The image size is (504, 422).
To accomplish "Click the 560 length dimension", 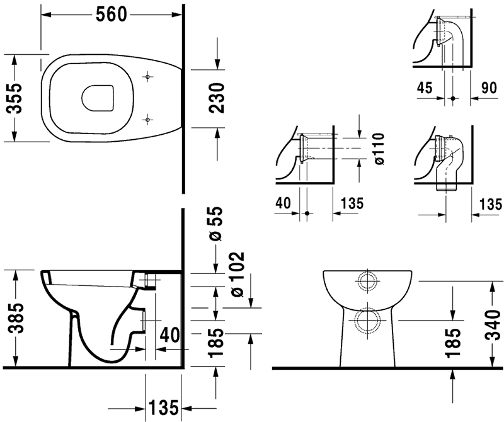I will pyautogui.click(x=114, y=14).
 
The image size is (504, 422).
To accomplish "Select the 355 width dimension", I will pyautogui.click(x=13, y=97).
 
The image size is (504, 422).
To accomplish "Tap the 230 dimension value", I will pyautogui.click(x=217, y=97).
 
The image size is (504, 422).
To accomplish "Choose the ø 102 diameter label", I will pyautogui.click(x=236, y=276).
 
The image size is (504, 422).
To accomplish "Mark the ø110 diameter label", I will pyautogui.click(x=379, y=149).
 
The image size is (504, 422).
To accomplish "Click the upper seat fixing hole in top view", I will pyautogui.click(x=147, y=77).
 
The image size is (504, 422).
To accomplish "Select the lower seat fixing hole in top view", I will pyautogui.click(x=147, y=118).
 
